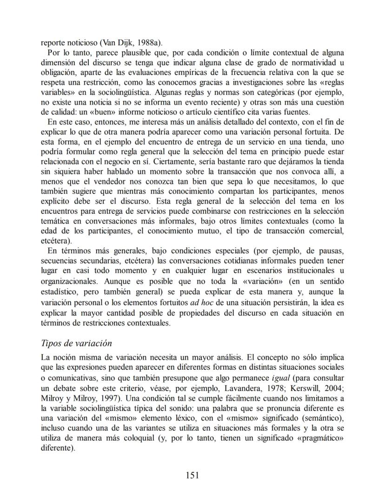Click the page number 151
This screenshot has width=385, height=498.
click(x=192, y=475)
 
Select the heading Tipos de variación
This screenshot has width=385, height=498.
click(x=77, y=343)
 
